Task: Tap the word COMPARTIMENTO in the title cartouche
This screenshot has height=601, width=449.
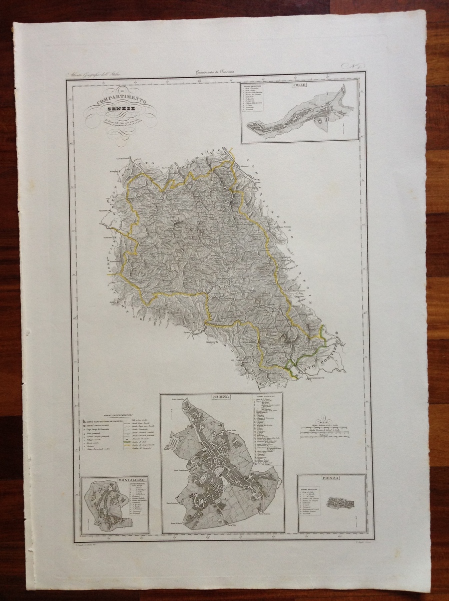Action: pyautogui.click(x=120, y=102)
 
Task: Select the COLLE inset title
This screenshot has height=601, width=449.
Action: pyautogui.click(x=300, y=85)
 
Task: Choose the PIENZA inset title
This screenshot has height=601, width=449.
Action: pyautogui.click(x=331, y=478)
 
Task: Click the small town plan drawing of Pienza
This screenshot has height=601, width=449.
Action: pyautogui.click(x=340, y=502)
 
